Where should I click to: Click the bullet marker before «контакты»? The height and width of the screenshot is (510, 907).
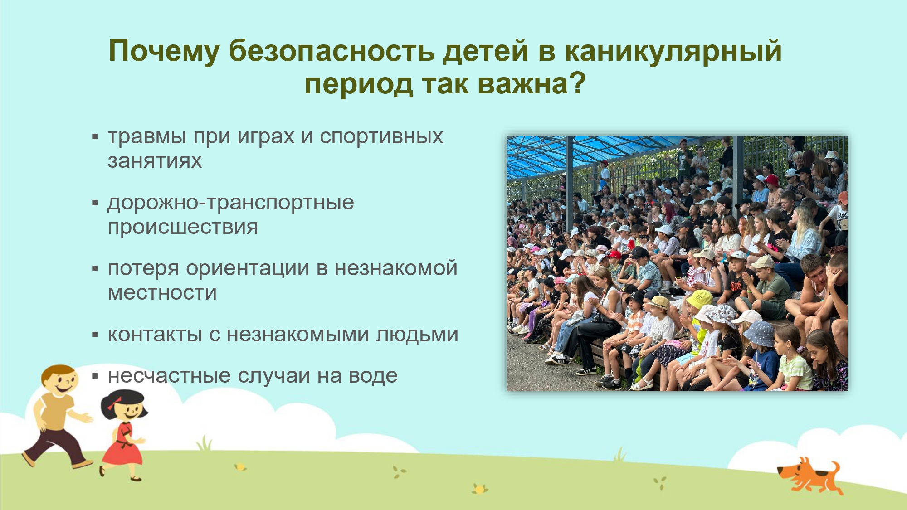pos(95,335)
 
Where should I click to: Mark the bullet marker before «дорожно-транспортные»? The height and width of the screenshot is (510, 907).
pos(95,203)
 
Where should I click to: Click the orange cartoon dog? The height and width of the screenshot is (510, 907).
pos(809,476)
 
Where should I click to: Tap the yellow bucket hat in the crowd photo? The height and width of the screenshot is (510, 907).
pos(699,299)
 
